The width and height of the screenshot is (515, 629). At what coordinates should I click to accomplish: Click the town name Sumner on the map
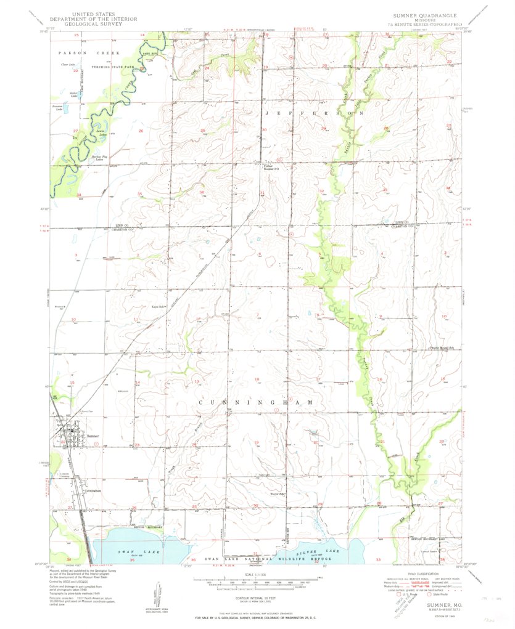click(93, 436)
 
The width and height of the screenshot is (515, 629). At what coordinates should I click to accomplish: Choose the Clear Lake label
click(67, 64)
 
